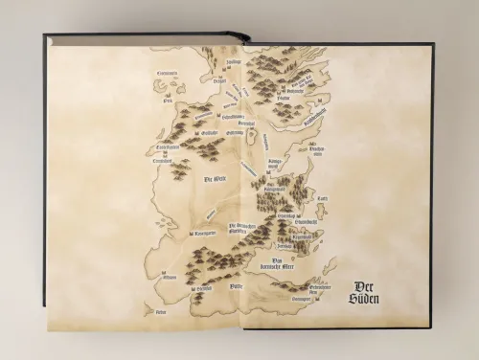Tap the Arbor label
click(x=154, y=312)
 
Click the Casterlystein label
click(x=165, y=148)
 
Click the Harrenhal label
click(x=247, y=124)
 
